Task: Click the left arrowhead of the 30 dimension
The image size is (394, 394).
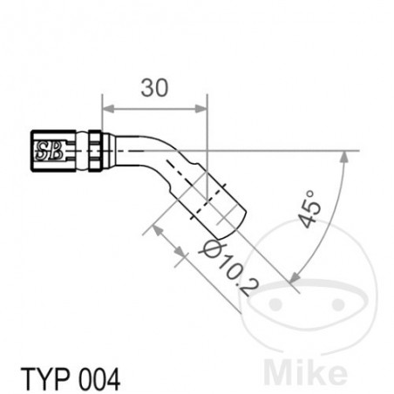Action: (x=106, y=109)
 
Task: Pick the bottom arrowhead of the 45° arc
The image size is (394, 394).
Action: (x=293, y=276)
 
